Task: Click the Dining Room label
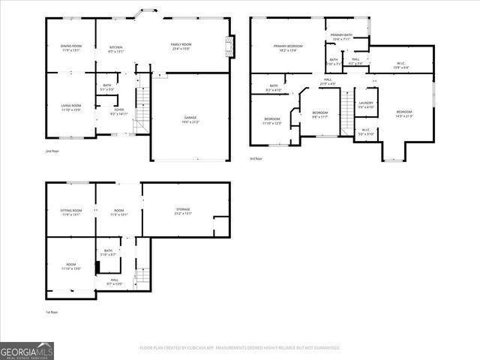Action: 71,48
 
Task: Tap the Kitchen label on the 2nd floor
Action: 115,48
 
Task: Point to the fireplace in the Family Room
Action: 230,46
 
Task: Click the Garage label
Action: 190,118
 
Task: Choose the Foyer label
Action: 119,112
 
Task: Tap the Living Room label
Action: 71,107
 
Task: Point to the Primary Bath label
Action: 341,37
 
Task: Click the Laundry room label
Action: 366,104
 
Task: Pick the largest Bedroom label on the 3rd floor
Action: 404,113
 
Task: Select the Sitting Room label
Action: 71,212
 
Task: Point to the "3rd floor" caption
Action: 256,158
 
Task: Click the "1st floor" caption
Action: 51,312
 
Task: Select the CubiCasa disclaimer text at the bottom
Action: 240,348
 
